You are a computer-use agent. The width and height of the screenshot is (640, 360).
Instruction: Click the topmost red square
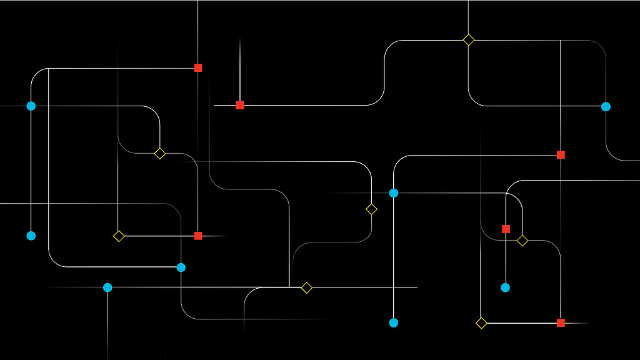pyautogui.click(x=198, y=67)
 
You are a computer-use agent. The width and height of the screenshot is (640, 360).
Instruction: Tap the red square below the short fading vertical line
pyautogui.click(x=240, y=105)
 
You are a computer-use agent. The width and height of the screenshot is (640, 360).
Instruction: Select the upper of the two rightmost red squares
pyautogui.click(x=561, y=154)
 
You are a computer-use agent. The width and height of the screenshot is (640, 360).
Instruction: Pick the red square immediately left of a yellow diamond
pyautogui.click(x=506, y=229)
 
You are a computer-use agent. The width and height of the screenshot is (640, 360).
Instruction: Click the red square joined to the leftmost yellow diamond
pyautogui.click(x=198, y=236)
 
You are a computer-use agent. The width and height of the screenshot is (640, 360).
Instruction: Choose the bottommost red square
pyautogui.click(x=561, y=322)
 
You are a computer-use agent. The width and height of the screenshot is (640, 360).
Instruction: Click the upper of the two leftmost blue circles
pyautogui.click(x=31, y=106)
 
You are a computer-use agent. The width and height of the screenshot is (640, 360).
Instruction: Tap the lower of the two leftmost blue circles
pyautogui.click(x=31, y=236)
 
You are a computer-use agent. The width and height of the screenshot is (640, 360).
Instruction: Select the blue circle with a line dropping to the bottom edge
pyautogui.click(x=107, y=287)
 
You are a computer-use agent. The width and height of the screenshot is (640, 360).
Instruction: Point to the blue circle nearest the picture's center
pyautogui.click(x=394, y=193)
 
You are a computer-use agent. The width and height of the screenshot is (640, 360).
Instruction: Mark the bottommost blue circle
pyautogui.click(x=394, y=322)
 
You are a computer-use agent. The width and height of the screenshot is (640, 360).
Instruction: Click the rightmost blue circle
pyautogui.click(x=606, y=106)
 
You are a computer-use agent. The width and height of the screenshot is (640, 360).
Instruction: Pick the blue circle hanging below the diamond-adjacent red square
pyautogui.click(x=505, y=287)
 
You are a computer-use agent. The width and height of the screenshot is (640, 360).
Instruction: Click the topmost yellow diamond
pyautogui.click(x=469, y=40)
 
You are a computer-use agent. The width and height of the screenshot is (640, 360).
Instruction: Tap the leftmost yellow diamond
pyautogui.click(x=119, y=236)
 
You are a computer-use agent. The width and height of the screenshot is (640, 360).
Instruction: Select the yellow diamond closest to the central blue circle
pyautogui.click(x=371, y=209)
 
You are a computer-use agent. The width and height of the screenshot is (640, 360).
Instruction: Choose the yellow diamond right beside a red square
pyautogui.click(x=522, y=241)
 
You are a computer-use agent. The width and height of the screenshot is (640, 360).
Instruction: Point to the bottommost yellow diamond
pyautogui.click(x=481, y=322)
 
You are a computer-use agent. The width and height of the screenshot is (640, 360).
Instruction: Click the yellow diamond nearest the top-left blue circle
pyautogui.click(x=160, y=153)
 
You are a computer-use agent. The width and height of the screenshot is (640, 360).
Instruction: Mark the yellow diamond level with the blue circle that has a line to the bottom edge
pyautogui.click(x=306, y=287)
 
